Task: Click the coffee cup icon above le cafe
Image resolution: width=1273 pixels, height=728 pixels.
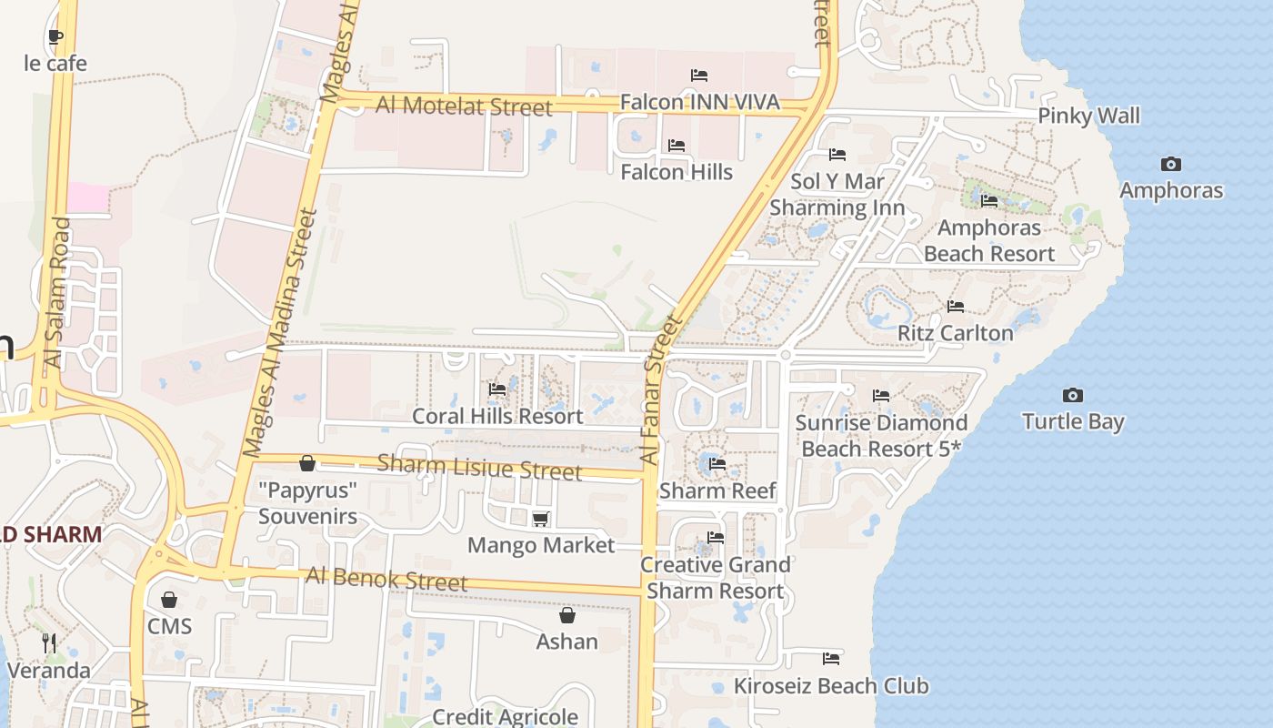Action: pyautogui.click(x=55, y=37)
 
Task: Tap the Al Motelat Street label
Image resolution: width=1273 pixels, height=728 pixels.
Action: pyautogui.click(x=464, y=106)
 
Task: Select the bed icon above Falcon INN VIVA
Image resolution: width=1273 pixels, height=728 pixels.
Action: pyautogui.click(x=699, y=75)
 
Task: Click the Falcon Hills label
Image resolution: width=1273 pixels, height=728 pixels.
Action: pyautogui.click(x=677, y=171)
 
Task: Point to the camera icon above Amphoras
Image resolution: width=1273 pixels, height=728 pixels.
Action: pyautogui.click(x=1171, y=165)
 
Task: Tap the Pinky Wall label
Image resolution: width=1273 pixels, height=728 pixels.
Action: pyautogui.click(x=1088, y=116)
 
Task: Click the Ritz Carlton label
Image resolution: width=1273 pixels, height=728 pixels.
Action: pyautogui.click(x=955, y=333)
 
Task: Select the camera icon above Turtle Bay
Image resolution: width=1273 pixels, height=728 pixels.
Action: pyautogui.click(x=1073, y=395)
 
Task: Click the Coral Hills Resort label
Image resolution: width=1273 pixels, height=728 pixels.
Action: pyautogui.click(x=497, y=416)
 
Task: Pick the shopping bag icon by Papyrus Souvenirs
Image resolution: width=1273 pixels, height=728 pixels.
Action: pyautogui.click(x=307, y=464)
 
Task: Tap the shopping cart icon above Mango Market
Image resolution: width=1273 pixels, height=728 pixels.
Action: pyautogui.click(x=541, y=519)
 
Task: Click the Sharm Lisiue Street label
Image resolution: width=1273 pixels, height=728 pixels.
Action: pyautogui.click(x=479, y=467)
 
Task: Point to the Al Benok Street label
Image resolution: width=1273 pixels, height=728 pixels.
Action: pyautogui.click(x=386, y=579)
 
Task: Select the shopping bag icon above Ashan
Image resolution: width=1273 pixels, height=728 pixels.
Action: pyautogui.click(x=567, y=616)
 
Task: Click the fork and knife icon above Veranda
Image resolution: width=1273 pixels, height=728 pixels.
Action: pyautogui.click(x=49, y=643)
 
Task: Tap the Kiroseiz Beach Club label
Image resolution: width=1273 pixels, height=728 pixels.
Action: pyautogui.click(x=831, y=685)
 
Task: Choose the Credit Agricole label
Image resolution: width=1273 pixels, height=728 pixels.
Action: pyautogui.click(x=505, y=716)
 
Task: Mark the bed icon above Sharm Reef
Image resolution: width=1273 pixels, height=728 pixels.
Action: pyautogui.click(x=717, y=464)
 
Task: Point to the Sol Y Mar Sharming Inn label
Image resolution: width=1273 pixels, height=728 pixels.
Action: pyautogui.click(x=837, y=195)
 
